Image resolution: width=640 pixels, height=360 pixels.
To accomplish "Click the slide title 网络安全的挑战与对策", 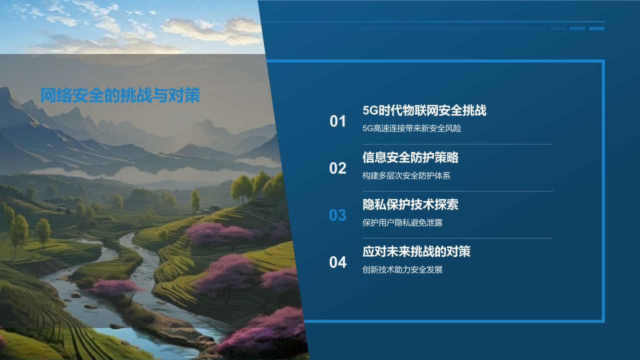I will [x=120, y=95].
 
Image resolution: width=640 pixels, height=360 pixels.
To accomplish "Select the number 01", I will [x=338, y=121].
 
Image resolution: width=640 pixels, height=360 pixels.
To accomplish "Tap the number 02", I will [x=338, y=168].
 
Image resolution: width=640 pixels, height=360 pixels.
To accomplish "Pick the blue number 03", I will [x=338, y=215].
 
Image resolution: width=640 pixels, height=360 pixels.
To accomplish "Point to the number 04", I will [x=338, y=262].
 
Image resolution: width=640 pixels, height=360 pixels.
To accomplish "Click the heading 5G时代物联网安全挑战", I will [x=424, y=110].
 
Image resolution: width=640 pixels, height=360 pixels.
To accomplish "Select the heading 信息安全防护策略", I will [x=410, y=157].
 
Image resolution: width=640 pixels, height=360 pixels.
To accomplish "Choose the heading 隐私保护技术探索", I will [x=410, y=204].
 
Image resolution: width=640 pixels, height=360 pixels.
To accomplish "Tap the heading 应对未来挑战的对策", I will [x=416, y=251].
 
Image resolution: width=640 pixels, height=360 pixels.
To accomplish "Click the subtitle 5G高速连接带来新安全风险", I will [x=411, y=128].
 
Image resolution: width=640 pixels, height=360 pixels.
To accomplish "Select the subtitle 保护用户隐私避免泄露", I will [x=402, y=222].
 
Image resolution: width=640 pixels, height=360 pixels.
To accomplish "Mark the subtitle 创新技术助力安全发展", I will [x=402, y=270].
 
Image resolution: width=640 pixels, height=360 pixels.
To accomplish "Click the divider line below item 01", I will [x=457, y=144].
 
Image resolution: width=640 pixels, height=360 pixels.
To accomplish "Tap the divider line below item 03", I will [x=457, y=238].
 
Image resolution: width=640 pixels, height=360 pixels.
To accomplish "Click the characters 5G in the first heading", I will [x=370, y=110].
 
